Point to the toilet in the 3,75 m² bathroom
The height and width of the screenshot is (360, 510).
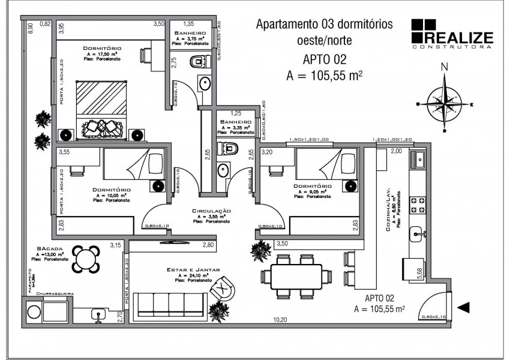click(199, 61)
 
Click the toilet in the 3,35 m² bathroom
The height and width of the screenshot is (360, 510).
click(229, 148)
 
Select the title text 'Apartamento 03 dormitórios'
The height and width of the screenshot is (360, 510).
click(324, 25)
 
